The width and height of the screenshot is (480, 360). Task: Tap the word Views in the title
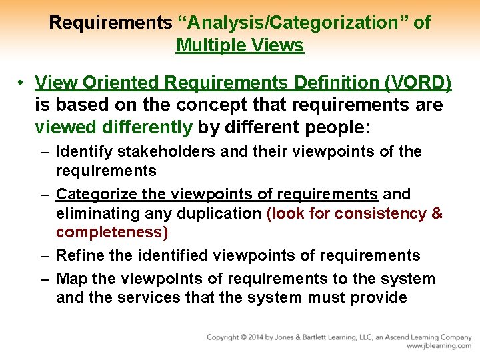coord(277,45)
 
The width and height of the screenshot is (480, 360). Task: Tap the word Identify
coord(83,152)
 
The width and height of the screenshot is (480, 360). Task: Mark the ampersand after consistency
coord(437,213)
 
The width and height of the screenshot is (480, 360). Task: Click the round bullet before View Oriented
coord(22,83)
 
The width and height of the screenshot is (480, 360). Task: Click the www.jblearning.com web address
coord(439,346)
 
